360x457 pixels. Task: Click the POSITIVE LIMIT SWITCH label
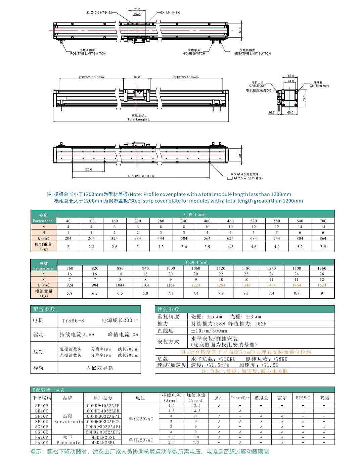[88, 53]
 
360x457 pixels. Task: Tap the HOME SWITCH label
[194, 53]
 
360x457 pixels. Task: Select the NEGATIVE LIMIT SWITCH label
[252, 53]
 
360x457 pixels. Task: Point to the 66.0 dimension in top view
[136, 9]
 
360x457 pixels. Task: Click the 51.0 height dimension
[240, 30]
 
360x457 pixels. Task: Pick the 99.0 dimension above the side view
[137, 77]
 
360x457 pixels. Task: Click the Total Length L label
[138, 119]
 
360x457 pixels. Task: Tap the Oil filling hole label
[319, 86]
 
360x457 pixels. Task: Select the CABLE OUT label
[257, 86]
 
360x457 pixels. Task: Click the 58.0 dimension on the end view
[291, 76]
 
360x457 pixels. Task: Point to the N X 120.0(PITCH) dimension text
[141, 176]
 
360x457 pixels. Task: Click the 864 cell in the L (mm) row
[323, 238]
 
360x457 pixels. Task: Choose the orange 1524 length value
[322, 285]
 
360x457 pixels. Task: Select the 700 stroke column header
[323, 221]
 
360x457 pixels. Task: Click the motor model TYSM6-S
[73, 320]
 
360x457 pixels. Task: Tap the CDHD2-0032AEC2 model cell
[103, 432]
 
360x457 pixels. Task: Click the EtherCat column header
[240, 398]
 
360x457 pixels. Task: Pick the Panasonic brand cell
[68, 443]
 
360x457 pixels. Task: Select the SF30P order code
[42, 416]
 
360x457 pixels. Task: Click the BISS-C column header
[303, 398]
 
